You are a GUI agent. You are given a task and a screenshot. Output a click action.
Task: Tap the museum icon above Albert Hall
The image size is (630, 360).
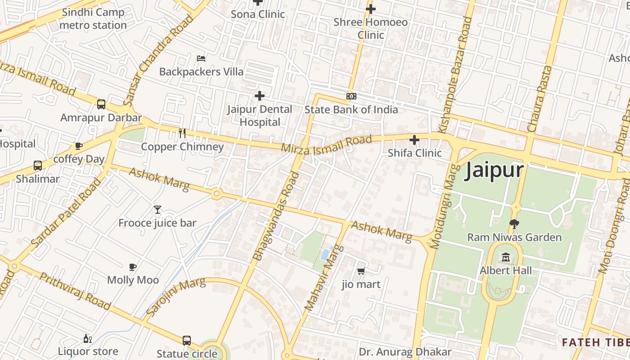point(506,257)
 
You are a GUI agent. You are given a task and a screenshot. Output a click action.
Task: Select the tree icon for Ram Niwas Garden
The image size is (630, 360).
point(513,224)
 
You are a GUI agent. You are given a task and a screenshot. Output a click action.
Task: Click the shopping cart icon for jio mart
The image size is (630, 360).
point(360,271)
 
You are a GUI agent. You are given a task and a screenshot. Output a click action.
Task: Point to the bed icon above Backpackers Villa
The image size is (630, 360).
point(201,58)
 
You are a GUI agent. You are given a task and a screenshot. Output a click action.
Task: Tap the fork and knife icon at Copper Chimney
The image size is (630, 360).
point(182,133)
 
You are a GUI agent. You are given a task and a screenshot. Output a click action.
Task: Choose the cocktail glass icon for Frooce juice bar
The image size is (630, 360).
point(157,209)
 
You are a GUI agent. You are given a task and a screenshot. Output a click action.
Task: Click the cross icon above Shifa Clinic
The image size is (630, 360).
point(414,139)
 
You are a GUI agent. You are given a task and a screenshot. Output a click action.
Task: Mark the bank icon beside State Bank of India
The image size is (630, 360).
point(351,96)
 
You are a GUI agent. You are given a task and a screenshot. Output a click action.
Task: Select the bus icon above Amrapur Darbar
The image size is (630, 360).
point(101,104)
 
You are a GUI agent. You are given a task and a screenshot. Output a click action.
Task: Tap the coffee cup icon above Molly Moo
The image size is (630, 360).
point(133,267)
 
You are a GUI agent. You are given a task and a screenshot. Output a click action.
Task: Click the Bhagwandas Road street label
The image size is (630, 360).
point(276,217)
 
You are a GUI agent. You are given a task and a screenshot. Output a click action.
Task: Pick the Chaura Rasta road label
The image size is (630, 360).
point(540,99)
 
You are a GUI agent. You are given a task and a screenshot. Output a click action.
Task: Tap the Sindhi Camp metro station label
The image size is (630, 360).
point(93,19)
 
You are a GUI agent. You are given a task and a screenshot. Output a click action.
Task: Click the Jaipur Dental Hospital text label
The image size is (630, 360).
point(260,116)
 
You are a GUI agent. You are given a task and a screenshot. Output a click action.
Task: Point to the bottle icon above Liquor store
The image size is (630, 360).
point(87,338)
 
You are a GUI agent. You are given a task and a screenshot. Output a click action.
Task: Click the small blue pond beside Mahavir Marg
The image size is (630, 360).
point(326,253)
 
